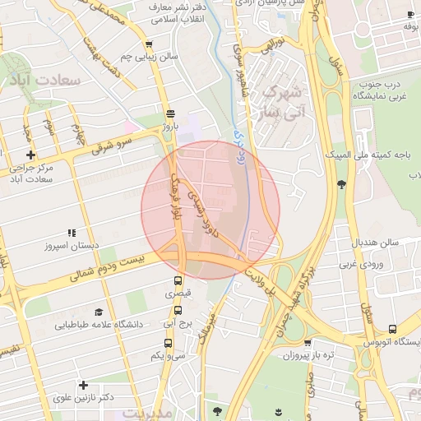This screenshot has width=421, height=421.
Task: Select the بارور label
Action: click(170, 127)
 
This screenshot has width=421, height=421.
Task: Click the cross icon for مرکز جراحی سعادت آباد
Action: click(30, 155)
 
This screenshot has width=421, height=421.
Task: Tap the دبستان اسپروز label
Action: click(72, 246)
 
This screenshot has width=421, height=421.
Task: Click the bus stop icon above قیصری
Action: click(178, 280)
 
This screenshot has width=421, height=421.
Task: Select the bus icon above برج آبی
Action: click(178, 311)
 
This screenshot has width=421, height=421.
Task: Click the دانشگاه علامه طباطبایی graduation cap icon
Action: click(99, 312)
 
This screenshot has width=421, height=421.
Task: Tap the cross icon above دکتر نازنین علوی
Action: click(83, 385)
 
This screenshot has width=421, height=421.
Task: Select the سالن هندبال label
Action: click(376, 243)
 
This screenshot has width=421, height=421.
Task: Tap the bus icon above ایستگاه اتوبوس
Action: click(392, 328)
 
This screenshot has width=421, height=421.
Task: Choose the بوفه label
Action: click(412, 26)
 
